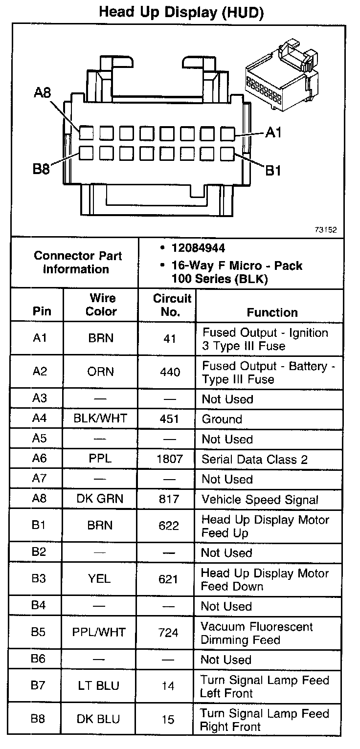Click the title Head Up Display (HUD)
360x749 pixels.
(x=181, y=12)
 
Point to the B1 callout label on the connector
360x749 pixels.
(x=273, y=171)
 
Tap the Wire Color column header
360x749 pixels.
(x=101, y=305)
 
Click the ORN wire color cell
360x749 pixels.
(x=101, y=372)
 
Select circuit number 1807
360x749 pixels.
(x=170, y=459)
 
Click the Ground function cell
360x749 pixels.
(x=222, y=419)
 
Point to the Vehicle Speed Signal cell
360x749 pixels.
(x=260, y=500)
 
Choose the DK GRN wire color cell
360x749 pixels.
(x=100, y=499)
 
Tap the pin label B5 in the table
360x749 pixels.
(x=39, y=632)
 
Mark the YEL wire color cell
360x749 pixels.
(x=100, y=579)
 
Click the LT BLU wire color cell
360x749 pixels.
(x=98, y=686)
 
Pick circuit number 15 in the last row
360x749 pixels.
(x=168, y=719)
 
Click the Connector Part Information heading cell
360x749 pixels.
(x=78, y=262)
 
